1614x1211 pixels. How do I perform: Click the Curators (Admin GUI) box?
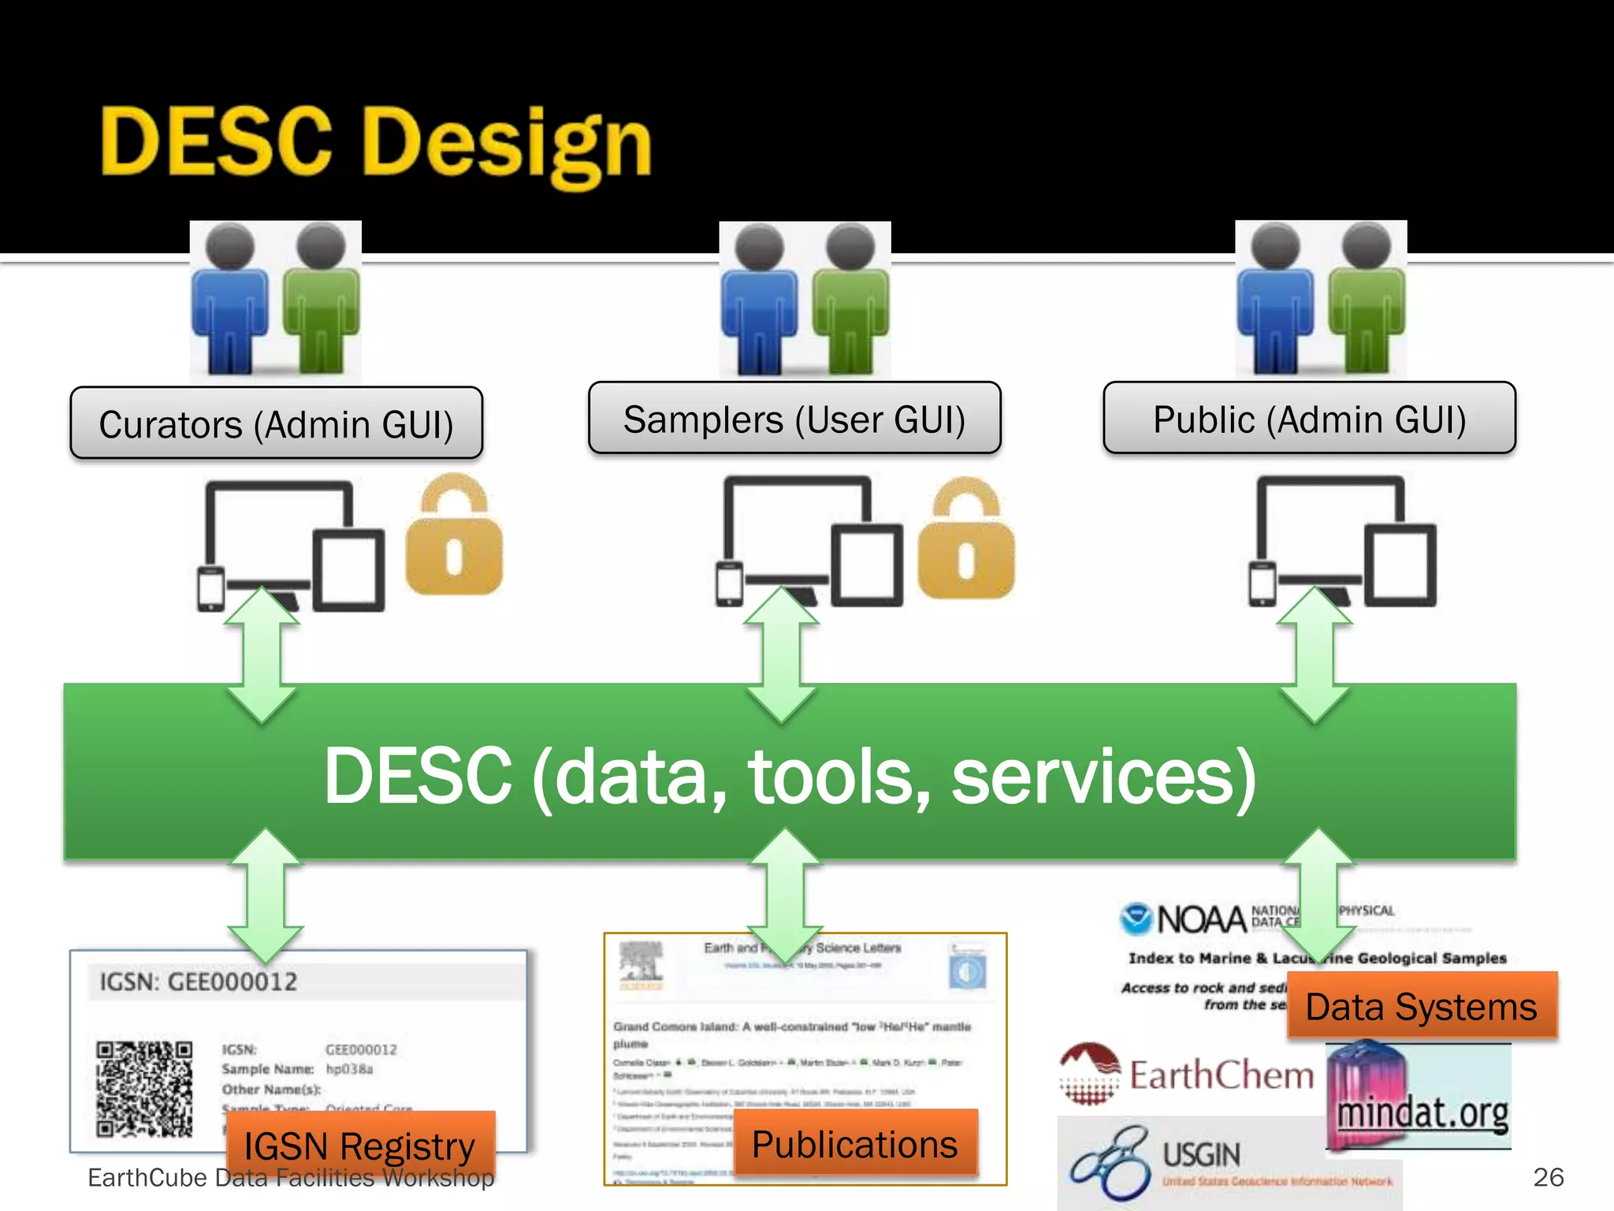point(276,423)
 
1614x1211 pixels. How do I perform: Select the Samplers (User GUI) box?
point(794,419)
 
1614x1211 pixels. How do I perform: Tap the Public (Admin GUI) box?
point(1309,419)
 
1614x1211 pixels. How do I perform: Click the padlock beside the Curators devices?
point(454,536)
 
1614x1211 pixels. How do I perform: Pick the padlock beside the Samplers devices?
point(966,540)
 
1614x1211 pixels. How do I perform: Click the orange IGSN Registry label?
point(360,1145)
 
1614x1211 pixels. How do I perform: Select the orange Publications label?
point(854,1143)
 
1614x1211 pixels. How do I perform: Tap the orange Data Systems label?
point(1421,1006)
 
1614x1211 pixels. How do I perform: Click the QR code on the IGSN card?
point(144,1089)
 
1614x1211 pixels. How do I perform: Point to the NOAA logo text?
point(1201,919)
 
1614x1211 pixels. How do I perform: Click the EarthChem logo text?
point(1222,1075)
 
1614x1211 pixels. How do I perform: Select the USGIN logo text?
point(1201,1156)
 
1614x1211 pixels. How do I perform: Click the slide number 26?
point(1548,1176)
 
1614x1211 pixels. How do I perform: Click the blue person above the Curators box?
point(231,300)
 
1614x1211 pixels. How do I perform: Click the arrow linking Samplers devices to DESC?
point(781,655)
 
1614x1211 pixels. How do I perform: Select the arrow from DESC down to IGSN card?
point(266,895)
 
